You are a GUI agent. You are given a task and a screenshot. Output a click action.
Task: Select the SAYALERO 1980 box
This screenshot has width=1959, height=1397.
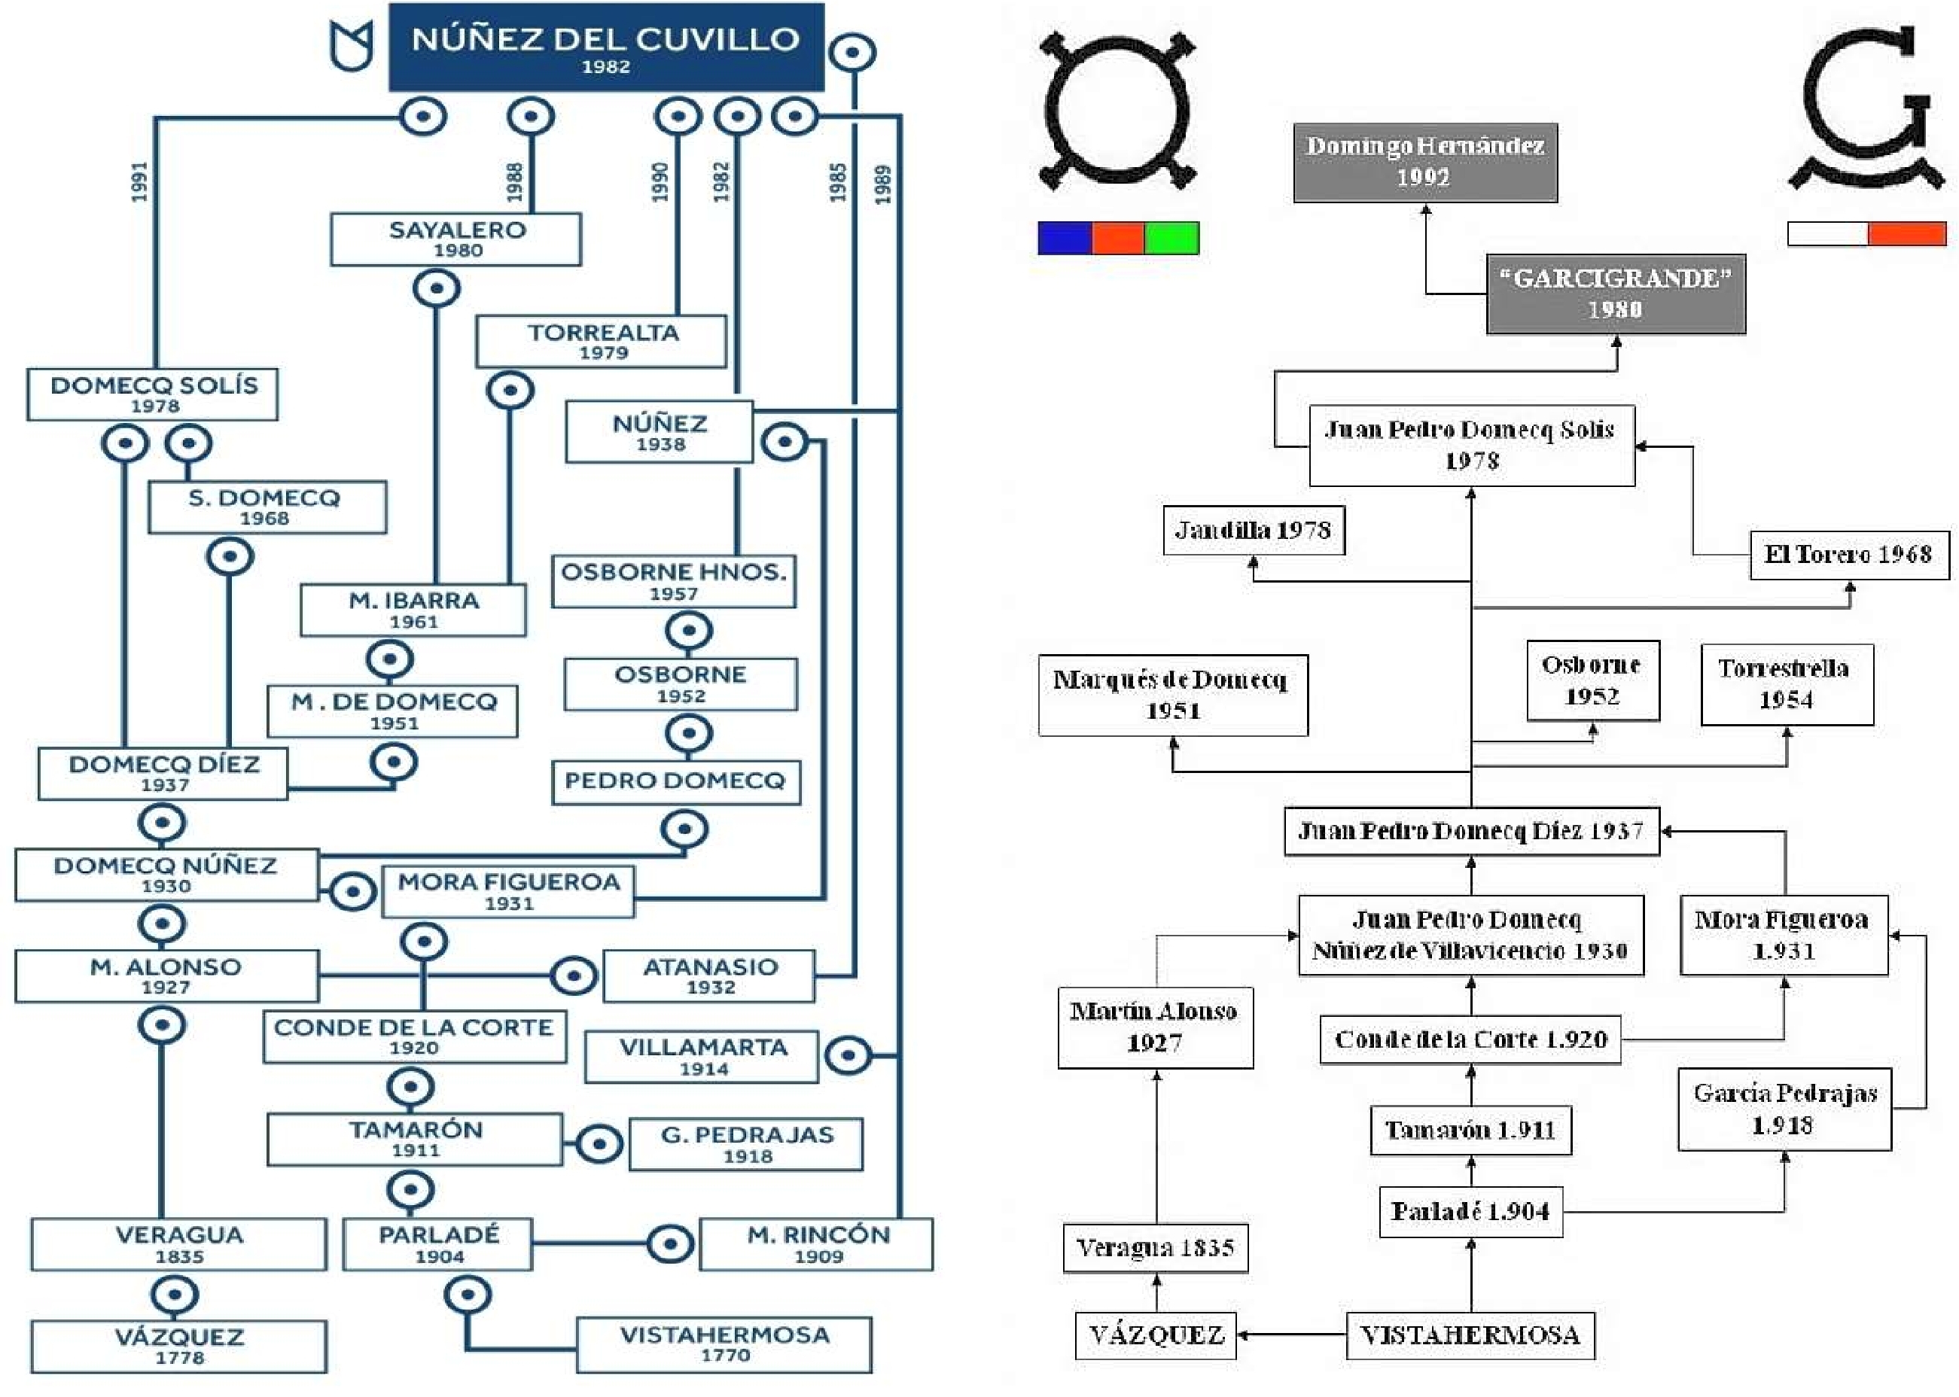click(x=456, y=239)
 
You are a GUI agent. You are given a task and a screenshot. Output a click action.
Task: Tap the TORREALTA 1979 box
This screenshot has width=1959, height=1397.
click(x=602, y=342)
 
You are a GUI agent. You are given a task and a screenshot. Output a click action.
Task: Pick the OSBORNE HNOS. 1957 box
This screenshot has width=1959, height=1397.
click(x=674, y=582)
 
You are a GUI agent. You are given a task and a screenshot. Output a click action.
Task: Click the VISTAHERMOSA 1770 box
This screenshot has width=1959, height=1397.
click(x=724, y=1344)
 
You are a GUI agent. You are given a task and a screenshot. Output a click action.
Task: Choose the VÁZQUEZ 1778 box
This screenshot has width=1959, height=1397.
click(x=179, y=1347)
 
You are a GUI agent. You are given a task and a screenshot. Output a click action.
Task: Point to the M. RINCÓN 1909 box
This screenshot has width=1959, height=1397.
click(x=816, y=1244)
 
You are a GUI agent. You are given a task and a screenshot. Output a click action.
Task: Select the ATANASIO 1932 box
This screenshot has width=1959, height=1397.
click(x=709, y=976)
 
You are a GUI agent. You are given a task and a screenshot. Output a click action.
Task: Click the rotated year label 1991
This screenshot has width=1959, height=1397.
click(x=139, y=182)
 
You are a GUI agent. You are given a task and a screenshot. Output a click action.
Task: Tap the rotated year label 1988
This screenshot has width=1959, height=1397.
click(x=514, y=182)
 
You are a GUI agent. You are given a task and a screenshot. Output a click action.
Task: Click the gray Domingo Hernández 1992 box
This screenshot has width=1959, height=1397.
click(x=1426, y=163)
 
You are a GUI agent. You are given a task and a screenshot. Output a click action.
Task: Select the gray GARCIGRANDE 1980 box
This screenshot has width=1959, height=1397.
click(x=1616, y=294)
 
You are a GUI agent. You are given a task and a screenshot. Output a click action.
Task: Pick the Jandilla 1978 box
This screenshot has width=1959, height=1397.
click(x=1254, y=531)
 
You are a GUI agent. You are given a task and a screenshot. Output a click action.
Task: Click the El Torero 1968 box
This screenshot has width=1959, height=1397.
click(x=1850, y=555)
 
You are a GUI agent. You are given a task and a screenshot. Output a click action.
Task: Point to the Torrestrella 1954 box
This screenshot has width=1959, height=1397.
click(x=1787, y=685)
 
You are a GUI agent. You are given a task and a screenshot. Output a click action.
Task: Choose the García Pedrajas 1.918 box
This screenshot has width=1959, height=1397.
click(x=1784, y=1109)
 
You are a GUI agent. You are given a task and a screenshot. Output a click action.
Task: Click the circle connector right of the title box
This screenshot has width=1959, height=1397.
click(x=852, y=53)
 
